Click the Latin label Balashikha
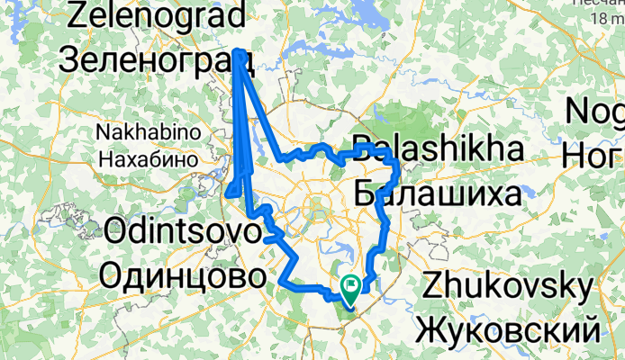[436, 149]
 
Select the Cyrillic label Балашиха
[436, 193]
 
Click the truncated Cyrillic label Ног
[594, 156]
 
